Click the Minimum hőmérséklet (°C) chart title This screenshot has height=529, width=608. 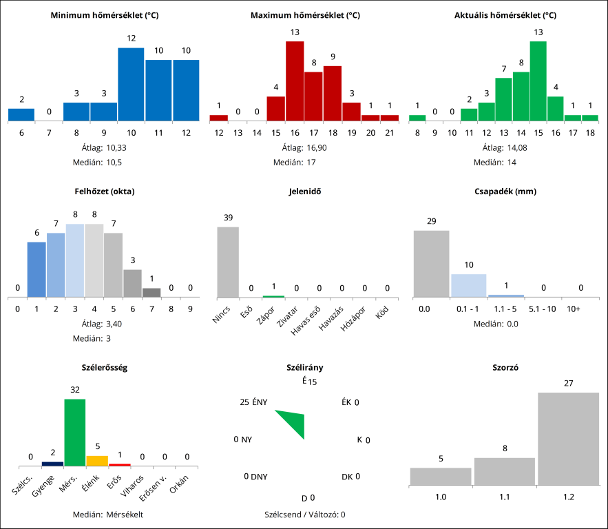105,15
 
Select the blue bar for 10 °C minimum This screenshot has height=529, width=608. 131,84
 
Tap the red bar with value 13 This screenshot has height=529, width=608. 295,81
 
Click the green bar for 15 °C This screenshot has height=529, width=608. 538,81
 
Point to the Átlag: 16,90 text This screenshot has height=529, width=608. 304,147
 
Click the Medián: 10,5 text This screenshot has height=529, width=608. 105,163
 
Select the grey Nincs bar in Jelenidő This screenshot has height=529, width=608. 228,262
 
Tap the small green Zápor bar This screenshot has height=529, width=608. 273,296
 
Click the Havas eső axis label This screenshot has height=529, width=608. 307,322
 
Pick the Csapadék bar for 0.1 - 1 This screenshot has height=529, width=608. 468,286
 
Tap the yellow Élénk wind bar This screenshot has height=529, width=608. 97,459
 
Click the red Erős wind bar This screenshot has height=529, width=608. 119,464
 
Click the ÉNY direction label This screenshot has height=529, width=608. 260,402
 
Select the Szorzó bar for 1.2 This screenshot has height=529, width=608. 568,438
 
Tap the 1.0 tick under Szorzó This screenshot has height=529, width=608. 440,496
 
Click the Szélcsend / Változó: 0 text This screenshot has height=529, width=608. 304,514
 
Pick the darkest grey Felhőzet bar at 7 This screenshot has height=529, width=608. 151,293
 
